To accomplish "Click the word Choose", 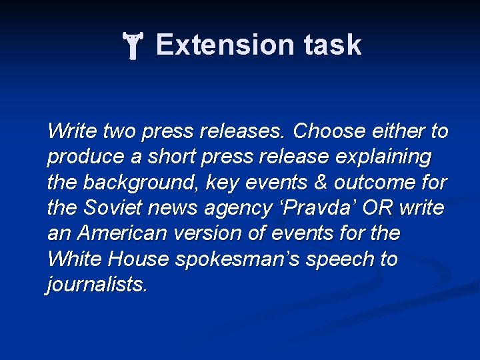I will pyautogui.click(x=326, y=131).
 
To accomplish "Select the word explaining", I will pyautogui.click(x=382, y=157).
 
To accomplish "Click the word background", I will pyautogui.click(x=140, y=183).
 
